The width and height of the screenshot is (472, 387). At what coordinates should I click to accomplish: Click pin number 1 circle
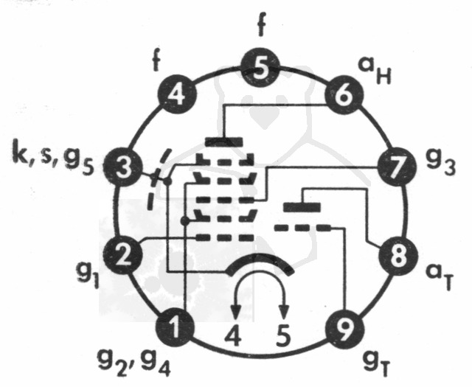click(175, 328)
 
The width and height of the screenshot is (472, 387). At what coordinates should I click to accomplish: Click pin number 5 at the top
click(260, 67)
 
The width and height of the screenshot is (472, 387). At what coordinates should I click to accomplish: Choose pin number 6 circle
click(344, 94)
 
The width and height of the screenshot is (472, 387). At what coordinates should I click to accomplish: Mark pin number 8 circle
click(398, 256)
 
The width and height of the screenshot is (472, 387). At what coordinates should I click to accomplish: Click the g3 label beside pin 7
click(441, 164)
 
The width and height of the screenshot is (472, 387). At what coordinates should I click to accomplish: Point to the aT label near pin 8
click(440, 276)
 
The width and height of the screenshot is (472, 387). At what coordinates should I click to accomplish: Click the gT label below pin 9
click(376, 364)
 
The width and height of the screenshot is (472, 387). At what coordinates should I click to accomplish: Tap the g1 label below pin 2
click(88, 276)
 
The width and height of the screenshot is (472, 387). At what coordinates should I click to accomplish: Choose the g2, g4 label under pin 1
click(134, 363)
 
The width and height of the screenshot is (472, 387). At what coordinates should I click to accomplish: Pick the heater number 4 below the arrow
click(234, 336)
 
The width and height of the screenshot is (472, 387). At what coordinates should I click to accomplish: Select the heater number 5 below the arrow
click(283, 335)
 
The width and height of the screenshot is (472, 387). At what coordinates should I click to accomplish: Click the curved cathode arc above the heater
click(260, 257)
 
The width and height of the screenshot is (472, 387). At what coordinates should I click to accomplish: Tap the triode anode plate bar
click(302, 207)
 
